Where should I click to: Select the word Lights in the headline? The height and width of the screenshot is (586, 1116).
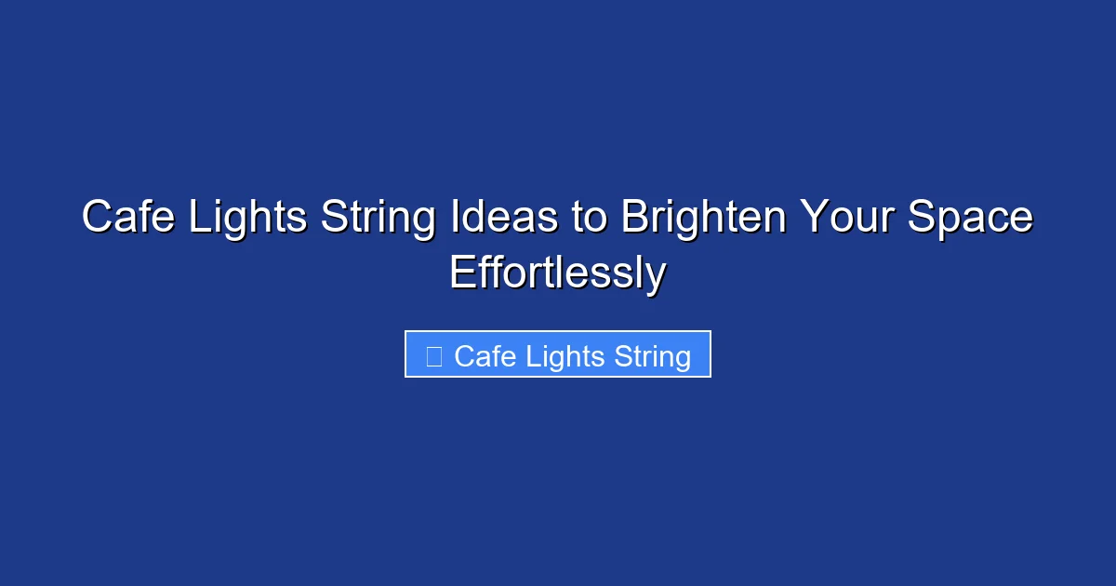(x=245, y=218)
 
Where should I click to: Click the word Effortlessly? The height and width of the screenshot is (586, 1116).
(x=558, y=273)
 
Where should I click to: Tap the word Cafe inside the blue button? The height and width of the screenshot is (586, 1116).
(x=485, y=356)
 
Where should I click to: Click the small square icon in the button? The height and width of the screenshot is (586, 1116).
(x=433, y=356)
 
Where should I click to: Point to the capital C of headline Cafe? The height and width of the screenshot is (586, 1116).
(x=97, y=218)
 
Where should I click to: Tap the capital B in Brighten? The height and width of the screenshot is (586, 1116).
(x=633, y=218)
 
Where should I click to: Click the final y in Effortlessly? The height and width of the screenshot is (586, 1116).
(x=657, y=277)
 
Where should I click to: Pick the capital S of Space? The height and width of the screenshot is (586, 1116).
(x=920, y=218)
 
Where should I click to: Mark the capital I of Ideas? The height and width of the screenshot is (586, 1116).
(x=457, y=218)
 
